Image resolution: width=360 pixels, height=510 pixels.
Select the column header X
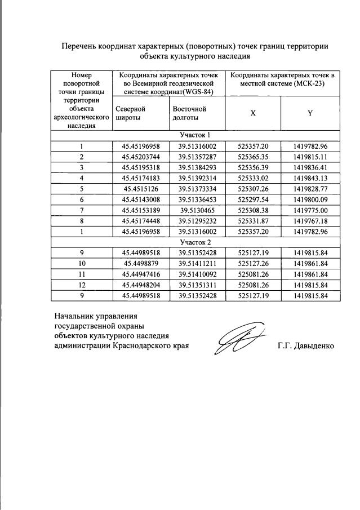[253, 113]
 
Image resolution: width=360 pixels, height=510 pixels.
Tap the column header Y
[310, 113]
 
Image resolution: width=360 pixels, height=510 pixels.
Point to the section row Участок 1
[195, 135]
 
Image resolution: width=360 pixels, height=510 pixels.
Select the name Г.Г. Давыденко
[306, 345]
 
